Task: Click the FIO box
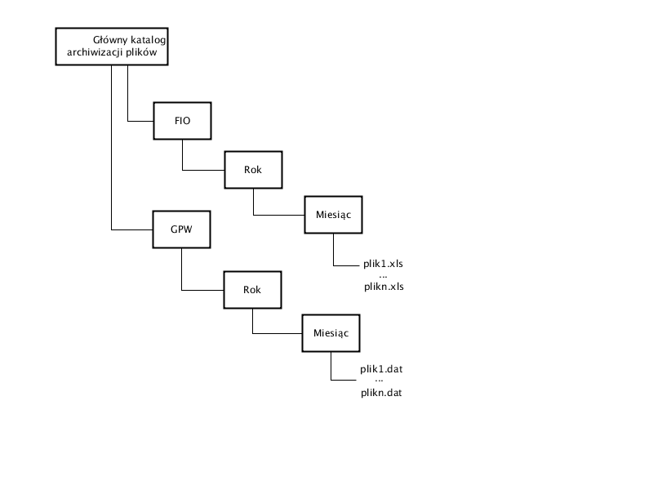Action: point(182,121)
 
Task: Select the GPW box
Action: point(181,229)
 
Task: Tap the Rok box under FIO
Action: point(253,170)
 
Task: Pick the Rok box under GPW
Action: point(252,290)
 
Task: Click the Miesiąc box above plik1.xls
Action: point(333,215)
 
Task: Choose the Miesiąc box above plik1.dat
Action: point(331,333)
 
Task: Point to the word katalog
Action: point(148,40)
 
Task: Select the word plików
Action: point(141,52)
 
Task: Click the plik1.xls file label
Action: point(383,264)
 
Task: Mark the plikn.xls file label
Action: point(384,287)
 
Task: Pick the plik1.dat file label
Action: point(381,369)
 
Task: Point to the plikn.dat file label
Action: point(381,393)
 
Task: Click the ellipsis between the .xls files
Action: point(383,277)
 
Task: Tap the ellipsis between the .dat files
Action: point(379,381)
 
